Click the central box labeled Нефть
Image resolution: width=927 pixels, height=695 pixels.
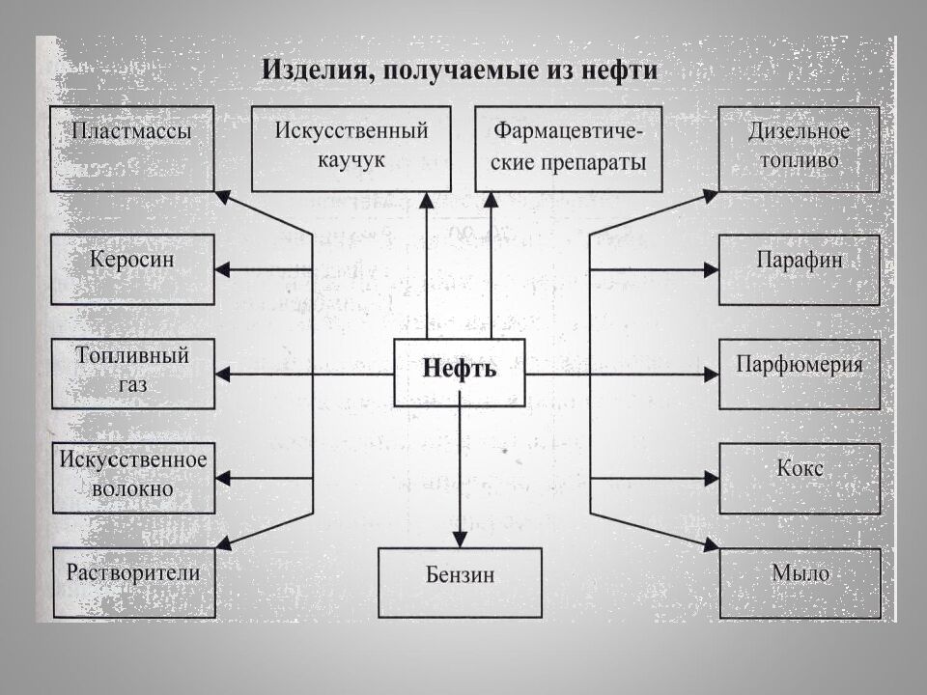[x=460, y=372]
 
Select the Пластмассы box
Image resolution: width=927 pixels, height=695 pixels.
[x=132, y=149]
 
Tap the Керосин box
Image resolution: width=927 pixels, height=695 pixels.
[x=132, y=269]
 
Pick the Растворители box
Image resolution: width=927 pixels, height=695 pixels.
[x=132, y=582]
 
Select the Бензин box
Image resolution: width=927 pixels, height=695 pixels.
[x=460, y=582]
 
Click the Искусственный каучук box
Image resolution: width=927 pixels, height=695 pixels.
[x=351, y=149]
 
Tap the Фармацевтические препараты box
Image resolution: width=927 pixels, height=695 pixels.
[x=569, y=149]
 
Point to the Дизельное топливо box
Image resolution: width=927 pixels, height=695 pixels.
[x=799, y=149]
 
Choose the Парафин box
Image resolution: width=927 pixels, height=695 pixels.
[x=799, y=269]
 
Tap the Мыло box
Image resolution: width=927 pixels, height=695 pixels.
[x=799, y=582]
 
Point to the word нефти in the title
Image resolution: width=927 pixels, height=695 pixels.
[x=623, y=70]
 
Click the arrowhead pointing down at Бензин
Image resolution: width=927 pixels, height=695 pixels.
[x=460, y=539]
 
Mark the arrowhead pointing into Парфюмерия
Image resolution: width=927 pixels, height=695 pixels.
[x=712, y=374]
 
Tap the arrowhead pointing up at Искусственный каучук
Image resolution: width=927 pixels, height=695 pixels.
[x=427, y=200]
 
